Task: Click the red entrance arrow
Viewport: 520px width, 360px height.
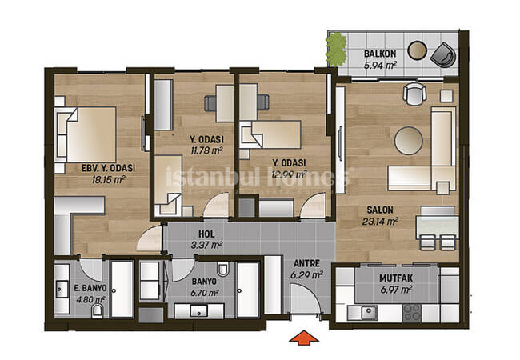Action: (x=304, y=338)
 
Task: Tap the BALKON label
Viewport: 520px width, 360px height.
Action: (x=380, y=54)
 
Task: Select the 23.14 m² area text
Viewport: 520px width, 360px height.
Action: (x=380, y=222)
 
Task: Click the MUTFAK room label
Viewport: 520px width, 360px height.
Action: (x=396, y=278)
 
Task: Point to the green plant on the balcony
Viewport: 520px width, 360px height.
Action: (x=336, y=50)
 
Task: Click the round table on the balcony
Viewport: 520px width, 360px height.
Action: (x=417, y=50)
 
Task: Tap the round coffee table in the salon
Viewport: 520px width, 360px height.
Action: (x=409, y=141)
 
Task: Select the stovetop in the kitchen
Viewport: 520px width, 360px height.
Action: (x=412, y=313)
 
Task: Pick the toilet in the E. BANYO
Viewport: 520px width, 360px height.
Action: (x=98, y=310)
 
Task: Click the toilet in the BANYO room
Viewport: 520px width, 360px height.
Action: (x=222, y=269)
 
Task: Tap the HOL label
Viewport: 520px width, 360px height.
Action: (x=206, y=234)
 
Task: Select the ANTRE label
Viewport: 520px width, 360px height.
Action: (x=306, y=263)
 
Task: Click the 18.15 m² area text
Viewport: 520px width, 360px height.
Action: (x=109, y=180)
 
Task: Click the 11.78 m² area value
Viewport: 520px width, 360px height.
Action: (x=206, y=151)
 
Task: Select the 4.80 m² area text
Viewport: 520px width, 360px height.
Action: (x=90, y=300)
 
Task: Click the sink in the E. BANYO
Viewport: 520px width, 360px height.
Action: (x=62, y=290)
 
